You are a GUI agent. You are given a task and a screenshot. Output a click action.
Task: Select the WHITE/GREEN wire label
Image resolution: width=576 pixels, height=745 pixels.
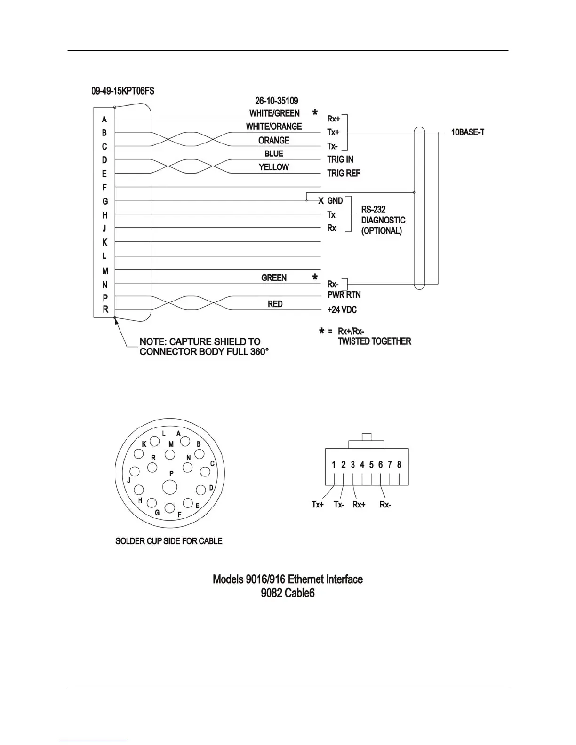(274, 113)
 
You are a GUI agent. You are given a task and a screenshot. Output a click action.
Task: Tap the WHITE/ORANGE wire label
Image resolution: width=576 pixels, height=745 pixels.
(273, 127)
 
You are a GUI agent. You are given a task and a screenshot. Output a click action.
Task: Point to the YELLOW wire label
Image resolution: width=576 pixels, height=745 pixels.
(273, 167)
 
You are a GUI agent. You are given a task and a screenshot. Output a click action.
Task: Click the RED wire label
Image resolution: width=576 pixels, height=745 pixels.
(275, 304)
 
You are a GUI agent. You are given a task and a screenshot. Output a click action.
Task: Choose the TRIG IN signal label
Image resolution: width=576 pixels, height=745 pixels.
(340, 160)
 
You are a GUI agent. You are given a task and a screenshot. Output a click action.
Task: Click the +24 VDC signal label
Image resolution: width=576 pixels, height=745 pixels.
(342, 310)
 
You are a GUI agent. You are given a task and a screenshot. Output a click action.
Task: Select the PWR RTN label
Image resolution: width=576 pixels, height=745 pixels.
(344, 295)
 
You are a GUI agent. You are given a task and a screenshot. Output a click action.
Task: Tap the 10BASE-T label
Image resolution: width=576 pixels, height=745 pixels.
(468, 133)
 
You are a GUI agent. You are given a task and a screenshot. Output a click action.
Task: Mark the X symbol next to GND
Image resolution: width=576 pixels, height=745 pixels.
(321, 201)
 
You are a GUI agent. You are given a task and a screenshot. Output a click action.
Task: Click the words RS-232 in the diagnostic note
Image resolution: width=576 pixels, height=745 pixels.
(374, 209)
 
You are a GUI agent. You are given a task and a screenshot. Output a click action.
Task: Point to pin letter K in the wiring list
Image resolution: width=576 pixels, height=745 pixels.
(104, 242)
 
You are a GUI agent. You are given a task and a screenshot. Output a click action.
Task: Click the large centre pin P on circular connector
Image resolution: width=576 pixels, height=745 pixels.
(170, 487)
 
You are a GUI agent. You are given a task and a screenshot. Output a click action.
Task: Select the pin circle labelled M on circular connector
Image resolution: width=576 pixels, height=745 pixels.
(170, 454)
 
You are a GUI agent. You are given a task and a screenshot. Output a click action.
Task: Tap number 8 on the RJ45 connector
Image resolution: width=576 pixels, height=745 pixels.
(399, 465)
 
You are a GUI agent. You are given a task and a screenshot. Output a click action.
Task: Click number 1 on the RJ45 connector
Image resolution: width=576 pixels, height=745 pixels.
(334, 465)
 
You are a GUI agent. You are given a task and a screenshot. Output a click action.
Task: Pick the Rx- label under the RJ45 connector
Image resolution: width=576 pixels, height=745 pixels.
(385, 505)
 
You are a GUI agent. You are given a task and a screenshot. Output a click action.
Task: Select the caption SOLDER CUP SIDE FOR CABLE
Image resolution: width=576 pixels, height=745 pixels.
(169, 541)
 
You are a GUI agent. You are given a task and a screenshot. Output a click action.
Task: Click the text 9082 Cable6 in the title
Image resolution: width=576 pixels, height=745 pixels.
(288, 594)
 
